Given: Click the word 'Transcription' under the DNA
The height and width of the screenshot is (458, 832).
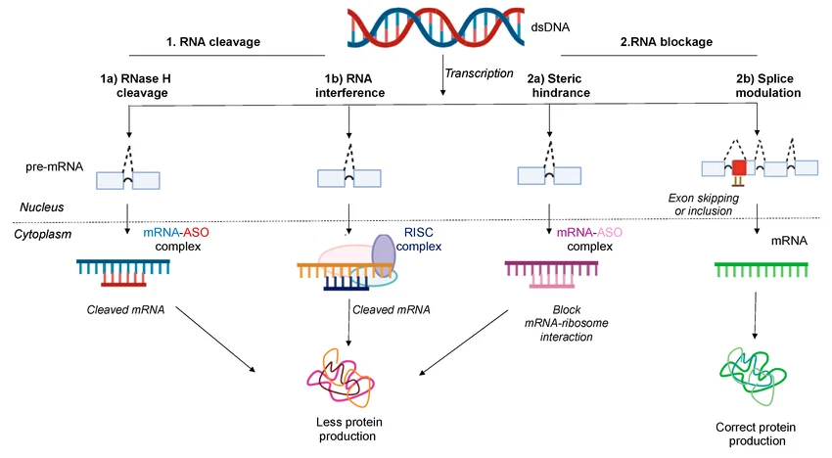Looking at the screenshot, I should tap(478, 73).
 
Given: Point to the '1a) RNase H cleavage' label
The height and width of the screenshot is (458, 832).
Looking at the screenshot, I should tap(129, 84).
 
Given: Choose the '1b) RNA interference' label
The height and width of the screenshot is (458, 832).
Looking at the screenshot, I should tap(349, 84).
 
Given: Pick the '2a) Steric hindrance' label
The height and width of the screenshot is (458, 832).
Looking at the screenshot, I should tap(550, 84).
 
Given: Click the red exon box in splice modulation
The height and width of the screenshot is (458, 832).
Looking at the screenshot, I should tap(739, 167).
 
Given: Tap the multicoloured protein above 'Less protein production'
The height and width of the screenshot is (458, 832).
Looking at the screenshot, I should tap(345, 377).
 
